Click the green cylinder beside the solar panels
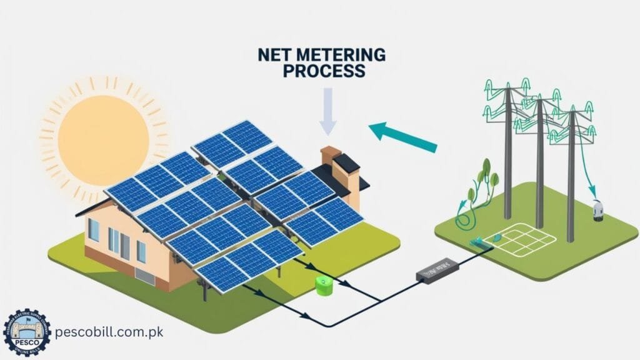324,286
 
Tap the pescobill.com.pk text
109,332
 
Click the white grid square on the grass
528,237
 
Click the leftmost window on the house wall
94,230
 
